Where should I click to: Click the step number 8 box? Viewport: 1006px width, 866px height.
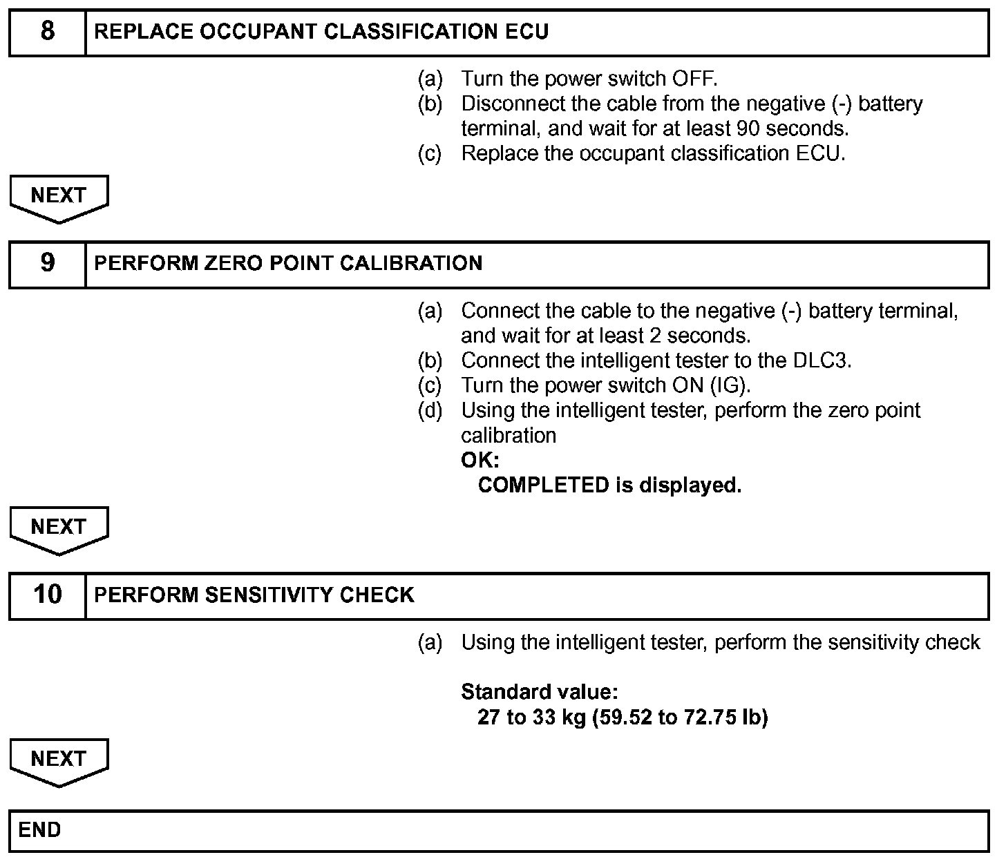coord(47,32)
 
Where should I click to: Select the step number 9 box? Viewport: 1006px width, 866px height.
coord(47,263)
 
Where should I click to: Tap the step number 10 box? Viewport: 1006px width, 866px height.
coord(47,595)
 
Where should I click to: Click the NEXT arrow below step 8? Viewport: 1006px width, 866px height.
coord(59,197)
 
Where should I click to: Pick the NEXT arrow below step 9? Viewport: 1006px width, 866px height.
coord(59,528)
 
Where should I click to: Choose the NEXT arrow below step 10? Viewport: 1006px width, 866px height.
coord(59,760)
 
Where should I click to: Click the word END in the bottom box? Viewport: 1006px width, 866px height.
coord(40,829)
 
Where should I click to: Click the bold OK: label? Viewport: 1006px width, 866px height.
coord(480,460)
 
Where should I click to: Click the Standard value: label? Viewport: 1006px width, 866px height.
coord(539,691)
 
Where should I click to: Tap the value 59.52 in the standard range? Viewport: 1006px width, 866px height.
coord(623,717)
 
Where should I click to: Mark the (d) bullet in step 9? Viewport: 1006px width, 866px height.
coord(430,410)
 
